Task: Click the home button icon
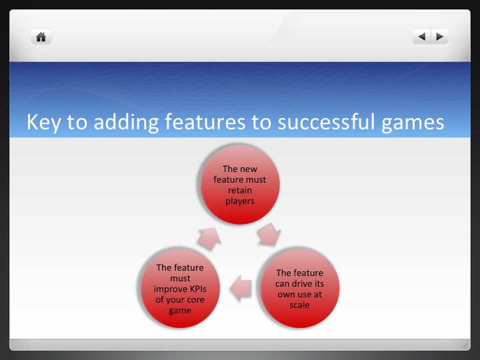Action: [41, 37]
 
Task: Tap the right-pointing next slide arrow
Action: [440, 37]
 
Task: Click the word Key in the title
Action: [43, 123]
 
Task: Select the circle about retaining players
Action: [240, 185]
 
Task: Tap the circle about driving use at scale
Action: [299, 288]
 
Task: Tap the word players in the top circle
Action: [240, 200]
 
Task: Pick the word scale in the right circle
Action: [299, 305]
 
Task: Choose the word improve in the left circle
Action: [170, 289]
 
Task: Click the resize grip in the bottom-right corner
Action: [465, 345]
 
